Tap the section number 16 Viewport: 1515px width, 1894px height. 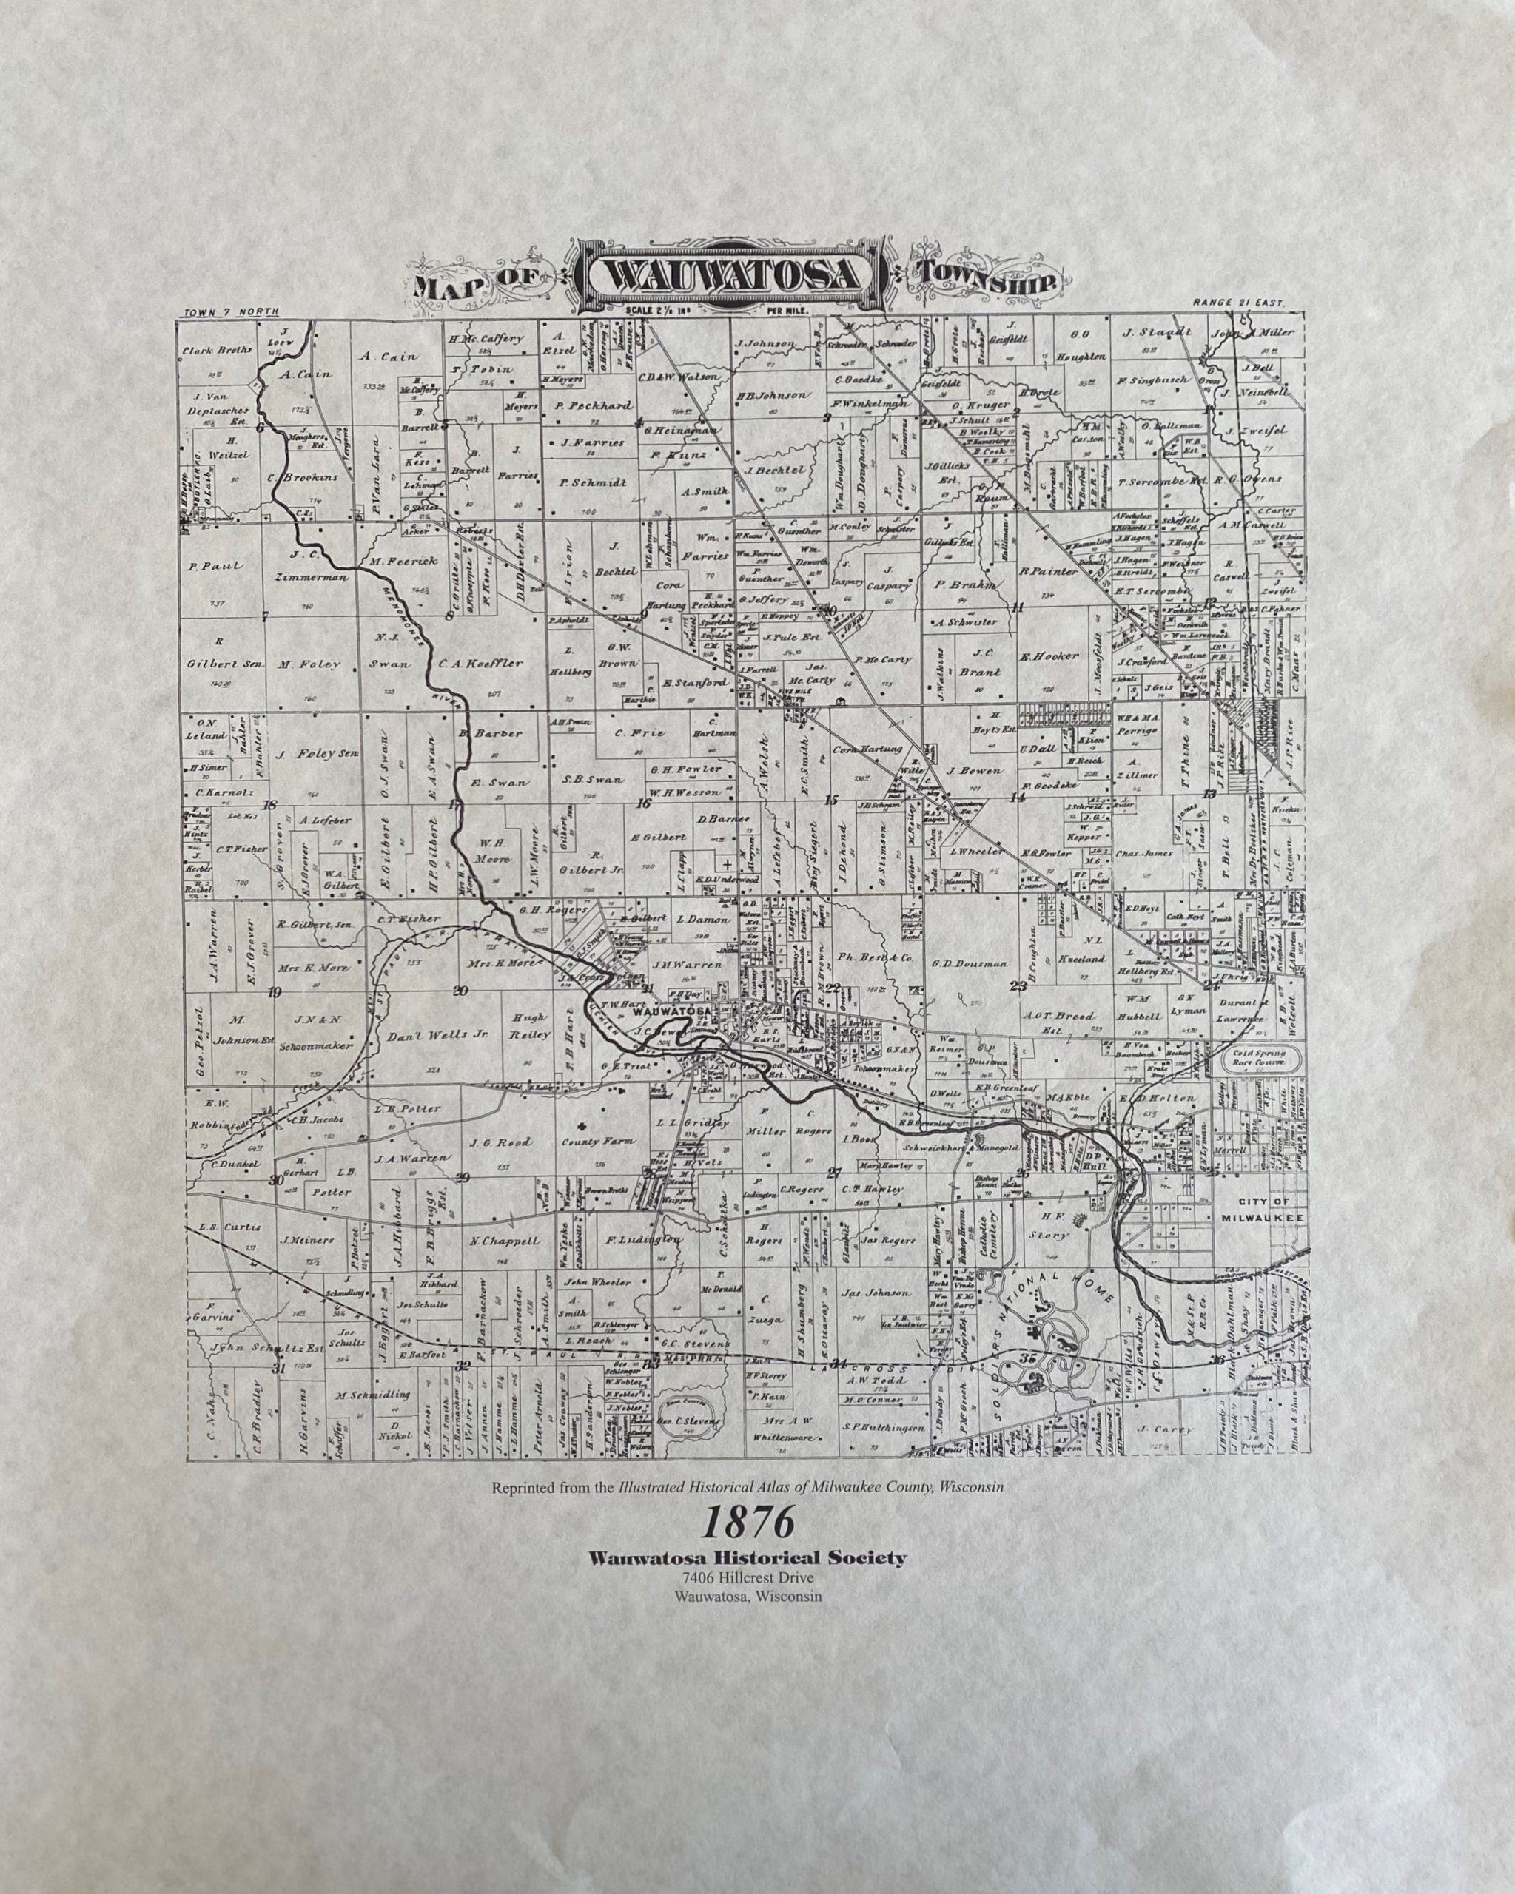(645, 803)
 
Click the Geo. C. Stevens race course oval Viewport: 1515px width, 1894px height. (689, 1420)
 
